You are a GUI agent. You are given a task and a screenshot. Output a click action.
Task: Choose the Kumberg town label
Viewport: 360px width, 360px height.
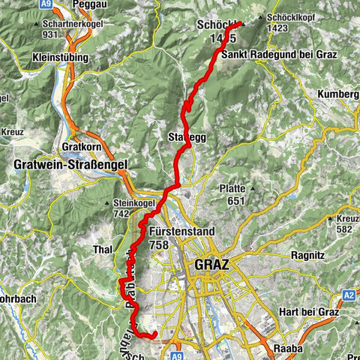(x=338, y=94)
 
